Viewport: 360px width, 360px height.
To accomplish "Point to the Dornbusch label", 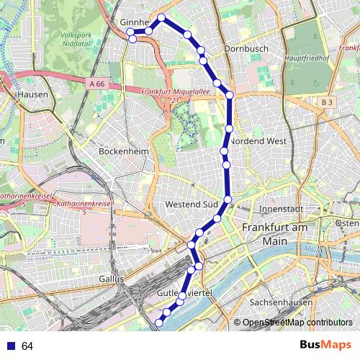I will click(246, 49).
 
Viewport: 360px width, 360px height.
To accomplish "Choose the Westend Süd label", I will click(191, 204).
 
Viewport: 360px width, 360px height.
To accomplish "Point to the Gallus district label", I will click(112, 278).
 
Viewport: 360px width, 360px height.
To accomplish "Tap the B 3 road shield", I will click(327, 102).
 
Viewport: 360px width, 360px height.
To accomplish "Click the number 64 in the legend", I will click(27, 346).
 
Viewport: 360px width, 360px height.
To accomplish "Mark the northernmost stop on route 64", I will click(161, 18).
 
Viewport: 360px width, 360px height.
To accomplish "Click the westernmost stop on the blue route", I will click(130, 32).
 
